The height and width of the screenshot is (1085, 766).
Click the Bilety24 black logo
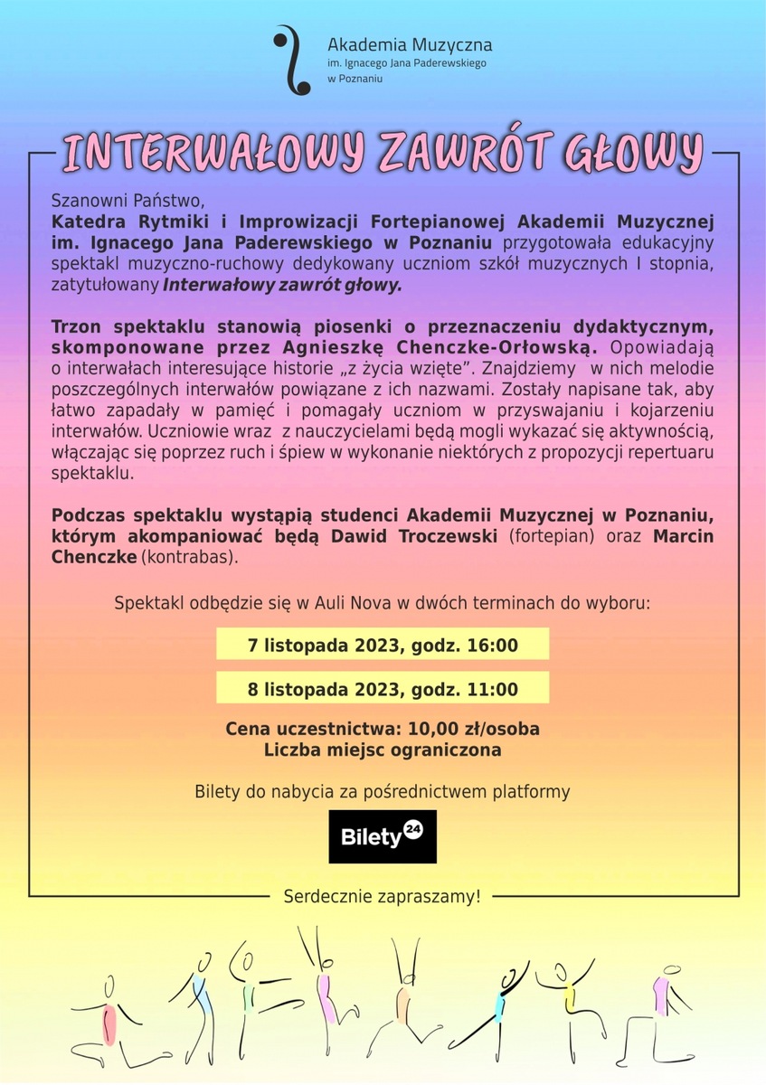tap(382, 835)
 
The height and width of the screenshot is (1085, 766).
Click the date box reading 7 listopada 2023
tap(383, 646)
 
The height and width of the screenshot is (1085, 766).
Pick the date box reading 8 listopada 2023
tap(383, 689)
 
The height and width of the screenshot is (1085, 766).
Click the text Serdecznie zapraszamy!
tap(382, 897)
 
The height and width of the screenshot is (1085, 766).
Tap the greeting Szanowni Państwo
tap(129, 199)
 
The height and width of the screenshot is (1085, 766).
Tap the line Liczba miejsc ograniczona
tap(383, 750)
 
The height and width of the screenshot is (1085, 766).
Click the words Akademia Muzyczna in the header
tap(409, 43)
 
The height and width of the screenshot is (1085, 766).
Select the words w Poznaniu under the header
tap(355, 80)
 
